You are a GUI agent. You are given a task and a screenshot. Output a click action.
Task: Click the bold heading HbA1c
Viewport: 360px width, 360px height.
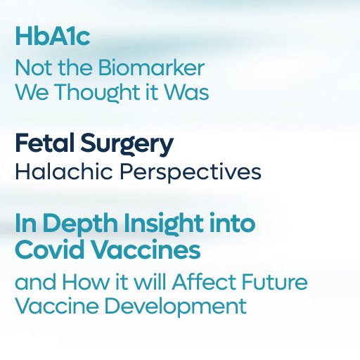[x=53, y=37]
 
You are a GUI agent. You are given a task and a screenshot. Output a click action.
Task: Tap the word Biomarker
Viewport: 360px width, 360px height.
[x=151, y=67]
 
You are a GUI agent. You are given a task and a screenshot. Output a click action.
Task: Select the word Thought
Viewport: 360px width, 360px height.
[x=98, y=92]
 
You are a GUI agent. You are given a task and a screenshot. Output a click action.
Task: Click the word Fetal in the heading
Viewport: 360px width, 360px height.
[x=45, y=143]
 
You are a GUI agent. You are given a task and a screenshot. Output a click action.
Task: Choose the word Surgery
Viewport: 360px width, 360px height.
[x=127, y=144]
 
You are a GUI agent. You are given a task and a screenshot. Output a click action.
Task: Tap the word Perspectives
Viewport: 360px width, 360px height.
[x=191, y=173]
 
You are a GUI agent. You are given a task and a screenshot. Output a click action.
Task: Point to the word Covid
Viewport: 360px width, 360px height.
[x=50, y=250]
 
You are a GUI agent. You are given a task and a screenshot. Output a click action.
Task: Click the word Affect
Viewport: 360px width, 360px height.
[x=204, y=281]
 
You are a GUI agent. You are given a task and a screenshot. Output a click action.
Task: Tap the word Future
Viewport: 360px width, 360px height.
[x=274, y=282]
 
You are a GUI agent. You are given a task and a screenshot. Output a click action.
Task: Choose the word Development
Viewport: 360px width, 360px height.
[x=175, y=307]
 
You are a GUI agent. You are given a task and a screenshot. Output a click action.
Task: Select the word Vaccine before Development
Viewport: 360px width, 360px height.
[x=57, y=306]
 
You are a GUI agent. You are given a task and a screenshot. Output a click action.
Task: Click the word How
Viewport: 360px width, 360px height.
[x=86, y=282]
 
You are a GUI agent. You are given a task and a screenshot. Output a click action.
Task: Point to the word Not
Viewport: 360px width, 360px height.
[x=34, y=67]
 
